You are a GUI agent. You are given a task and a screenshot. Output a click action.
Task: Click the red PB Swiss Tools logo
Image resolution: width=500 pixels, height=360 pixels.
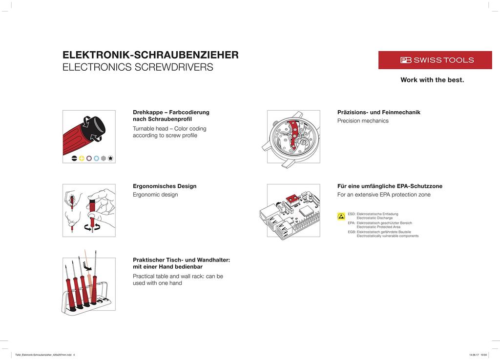tap(428, 60)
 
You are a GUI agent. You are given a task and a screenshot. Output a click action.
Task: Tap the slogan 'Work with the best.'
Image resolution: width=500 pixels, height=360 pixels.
tap(432, 80)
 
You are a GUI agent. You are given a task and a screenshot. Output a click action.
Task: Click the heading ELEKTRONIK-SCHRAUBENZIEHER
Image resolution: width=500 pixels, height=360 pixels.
tap(150, 55)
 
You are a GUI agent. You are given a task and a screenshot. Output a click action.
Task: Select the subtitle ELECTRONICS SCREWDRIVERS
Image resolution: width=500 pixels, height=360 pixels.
tap(138, 67)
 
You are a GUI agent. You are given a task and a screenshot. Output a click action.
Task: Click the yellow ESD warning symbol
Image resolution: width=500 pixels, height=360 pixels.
tap(341, 216)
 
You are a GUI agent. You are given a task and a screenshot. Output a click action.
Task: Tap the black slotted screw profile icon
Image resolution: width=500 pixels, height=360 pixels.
tap(75, 158)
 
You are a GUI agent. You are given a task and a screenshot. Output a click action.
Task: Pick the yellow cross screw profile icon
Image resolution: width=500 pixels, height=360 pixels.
tap(82, 158)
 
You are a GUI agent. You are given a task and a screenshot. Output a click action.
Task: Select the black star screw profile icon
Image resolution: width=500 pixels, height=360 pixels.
tap(111, 158)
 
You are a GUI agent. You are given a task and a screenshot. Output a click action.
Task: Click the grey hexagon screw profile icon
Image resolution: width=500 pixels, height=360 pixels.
tap(104, 158)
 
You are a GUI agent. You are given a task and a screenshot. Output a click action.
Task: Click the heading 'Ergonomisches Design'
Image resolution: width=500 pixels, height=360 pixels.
tap(165, 186)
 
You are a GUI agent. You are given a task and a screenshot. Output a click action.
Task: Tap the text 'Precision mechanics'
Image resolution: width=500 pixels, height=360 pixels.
tap(363, 121)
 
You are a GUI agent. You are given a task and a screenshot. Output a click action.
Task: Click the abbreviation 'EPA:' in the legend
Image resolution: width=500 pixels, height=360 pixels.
tap(352, 223)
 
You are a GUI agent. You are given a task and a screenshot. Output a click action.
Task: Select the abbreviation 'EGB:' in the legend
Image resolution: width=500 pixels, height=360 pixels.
tap(352, 232)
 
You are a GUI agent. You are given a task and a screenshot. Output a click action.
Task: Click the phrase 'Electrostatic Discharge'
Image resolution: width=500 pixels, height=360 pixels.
tap(375, 218)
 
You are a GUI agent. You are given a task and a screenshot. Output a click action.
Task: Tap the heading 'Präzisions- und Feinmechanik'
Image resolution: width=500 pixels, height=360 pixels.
tap(378, 112)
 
